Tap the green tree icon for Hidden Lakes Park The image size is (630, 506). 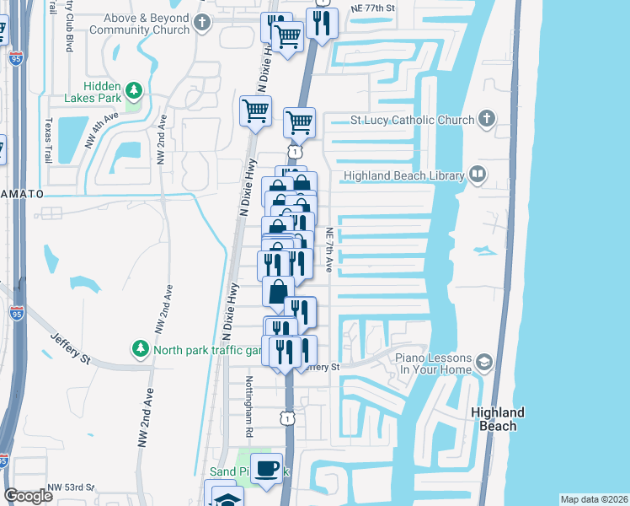[x=133, y=90]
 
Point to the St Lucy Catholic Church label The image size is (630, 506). [x=412, y=120]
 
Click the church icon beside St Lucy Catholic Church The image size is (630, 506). [x=488, y=119]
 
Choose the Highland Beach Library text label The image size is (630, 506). [x=403, y=175]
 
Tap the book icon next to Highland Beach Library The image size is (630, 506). [x=478, y=175]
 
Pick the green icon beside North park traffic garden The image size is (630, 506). [x=140, y=348]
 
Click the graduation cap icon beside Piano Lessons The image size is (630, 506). [x=483, y=363]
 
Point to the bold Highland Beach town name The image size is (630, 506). [x=498, y=419]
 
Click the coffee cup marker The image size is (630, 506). [x=267, y=468]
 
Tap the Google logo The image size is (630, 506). [x=28, y=496]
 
